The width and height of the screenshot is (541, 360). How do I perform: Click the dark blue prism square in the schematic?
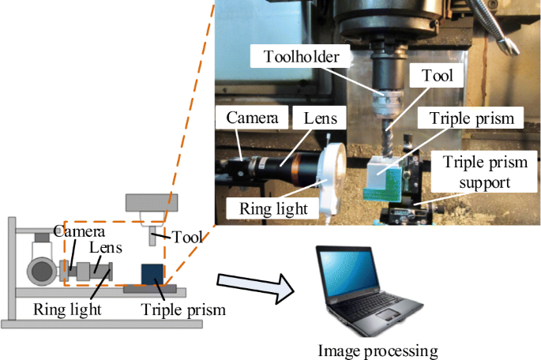point(152,274)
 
